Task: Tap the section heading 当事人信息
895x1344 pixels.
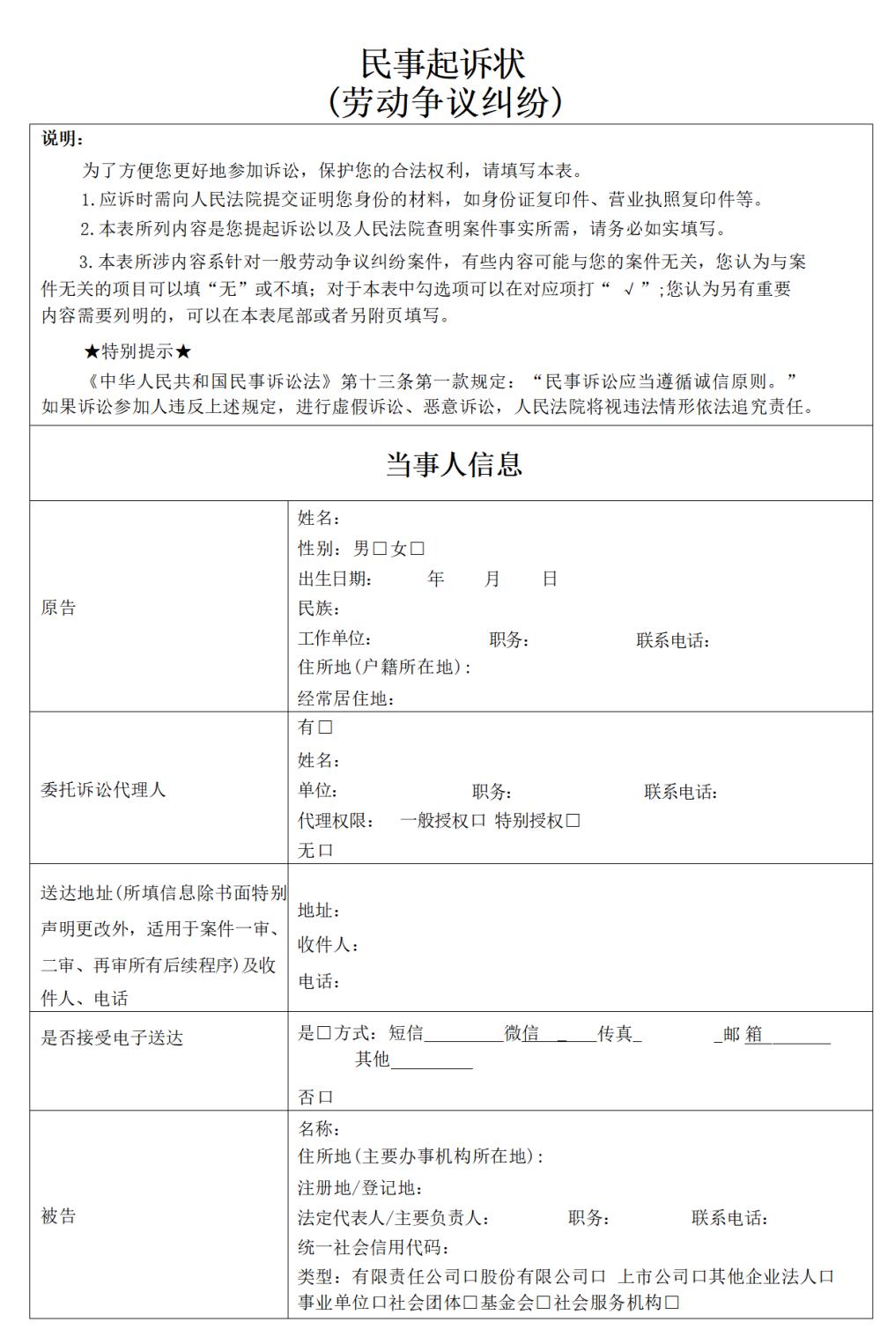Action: click(x=454, y=464)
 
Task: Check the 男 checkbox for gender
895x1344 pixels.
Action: click(x=381, y=550)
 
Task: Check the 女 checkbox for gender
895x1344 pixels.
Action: click(x=418, y=550)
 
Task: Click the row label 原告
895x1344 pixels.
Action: click(x=58, y=608)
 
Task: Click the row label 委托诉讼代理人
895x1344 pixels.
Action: click(x=103, y=789)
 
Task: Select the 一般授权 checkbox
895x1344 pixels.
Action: click(x=478, y=821)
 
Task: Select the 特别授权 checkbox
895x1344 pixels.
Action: click(x=573, y=821)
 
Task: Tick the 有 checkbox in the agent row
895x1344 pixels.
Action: click(x=325, y=727)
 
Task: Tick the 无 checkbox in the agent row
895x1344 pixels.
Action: click(x=326, y=851)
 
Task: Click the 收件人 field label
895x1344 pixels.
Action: click(x=327, y=945)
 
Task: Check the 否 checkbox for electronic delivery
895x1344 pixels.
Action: click(x=326, y=1097)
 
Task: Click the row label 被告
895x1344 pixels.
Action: click(x=58, y=1216)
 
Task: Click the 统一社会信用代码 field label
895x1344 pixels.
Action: click(x=374, y=1247)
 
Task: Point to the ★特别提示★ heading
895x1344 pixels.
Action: click(x=137, y=351)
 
